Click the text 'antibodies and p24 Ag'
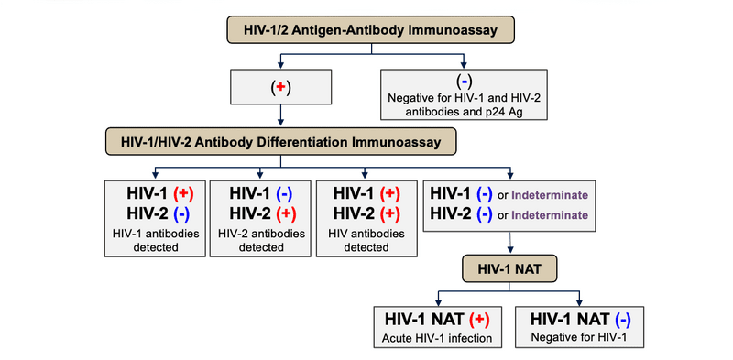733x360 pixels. coord(465,114)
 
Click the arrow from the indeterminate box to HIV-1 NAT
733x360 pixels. coord(510,245)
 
